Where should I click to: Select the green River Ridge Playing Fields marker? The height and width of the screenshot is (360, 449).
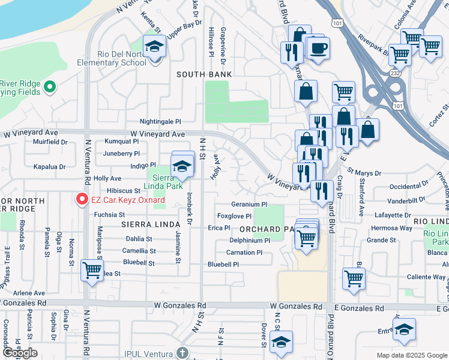(50, 87)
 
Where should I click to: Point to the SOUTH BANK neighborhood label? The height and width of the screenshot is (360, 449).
(204, 74)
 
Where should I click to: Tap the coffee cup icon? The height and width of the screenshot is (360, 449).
(318, 48)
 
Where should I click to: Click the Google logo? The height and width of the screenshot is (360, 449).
(20, 353)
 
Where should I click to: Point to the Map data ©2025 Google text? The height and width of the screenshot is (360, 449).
(411, 355)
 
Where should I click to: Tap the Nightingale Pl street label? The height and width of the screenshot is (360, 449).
(160, 121)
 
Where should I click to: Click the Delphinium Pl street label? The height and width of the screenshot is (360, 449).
(249, 240)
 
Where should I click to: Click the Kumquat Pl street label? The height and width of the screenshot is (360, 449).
(121, 142)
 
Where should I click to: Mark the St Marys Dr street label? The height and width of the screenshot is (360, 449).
(364, 173)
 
